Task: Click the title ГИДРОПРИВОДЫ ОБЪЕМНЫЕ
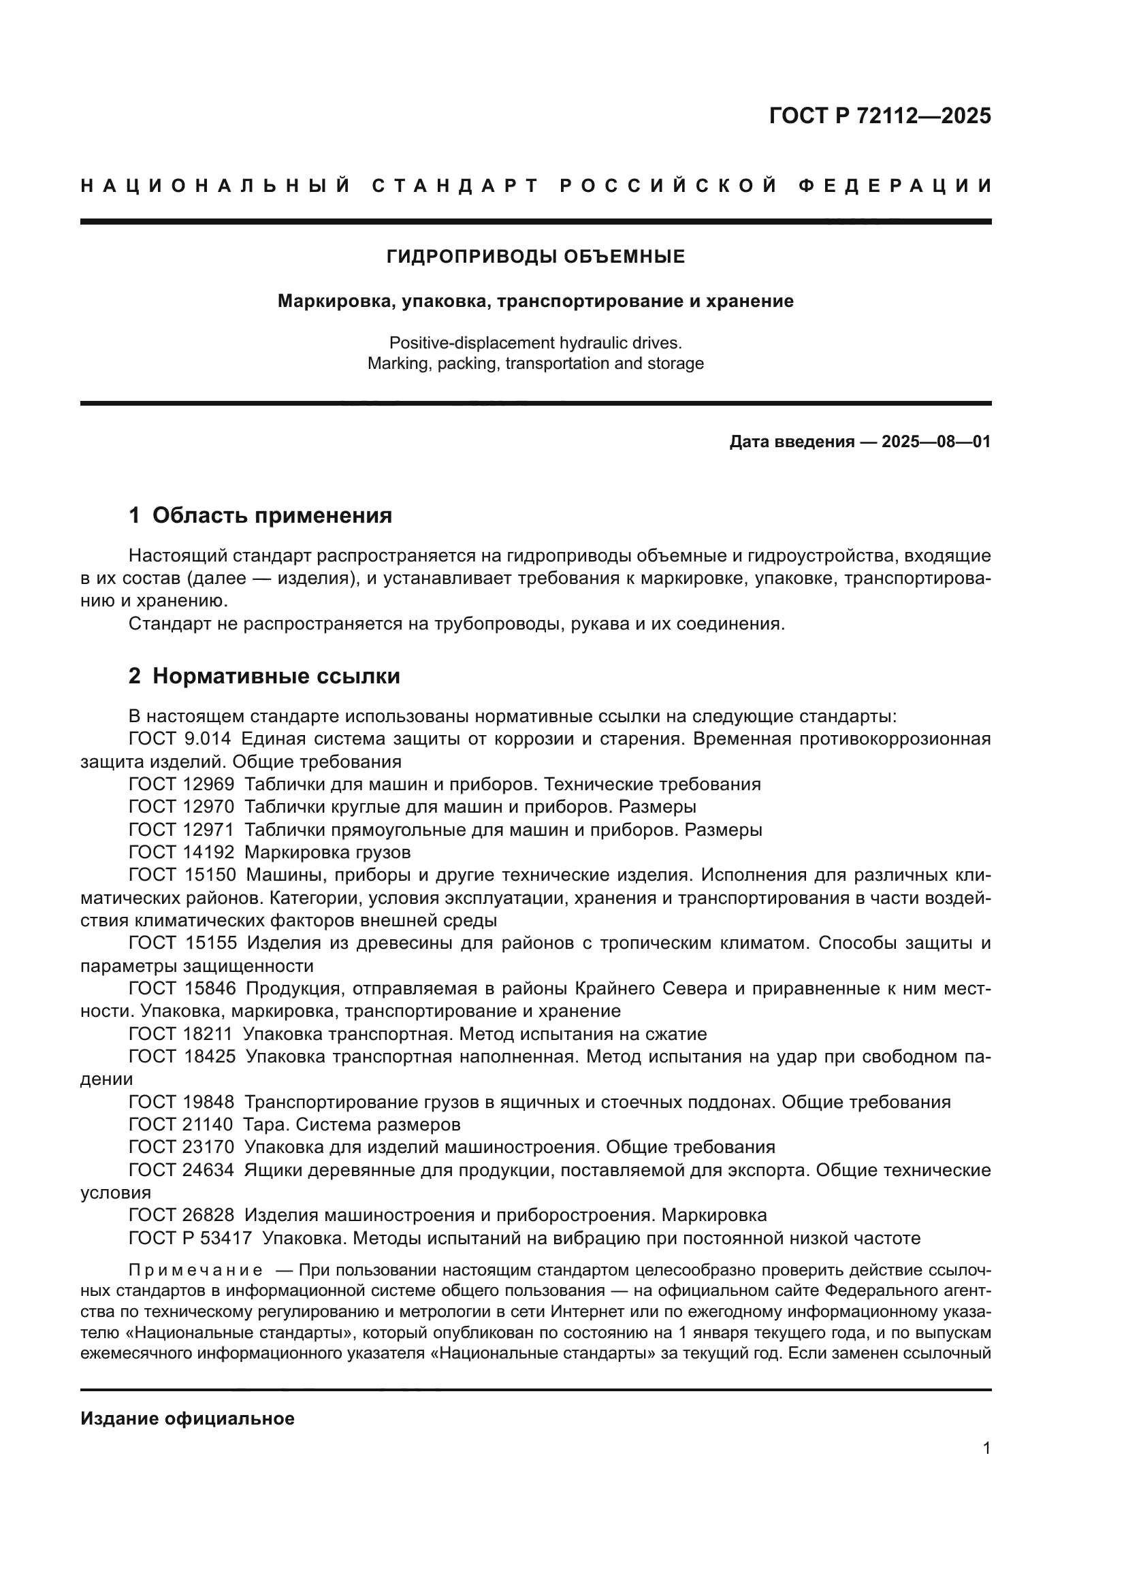(x=535, y=257)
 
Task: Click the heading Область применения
(x=272, y=515)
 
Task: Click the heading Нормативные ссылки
(x=276, y=676)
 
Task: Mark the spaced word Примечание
(x=195, y=1270)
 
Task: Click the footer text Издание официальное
(x=187, y=1418)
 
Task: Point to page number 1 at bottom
(x=986, y=1448)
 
